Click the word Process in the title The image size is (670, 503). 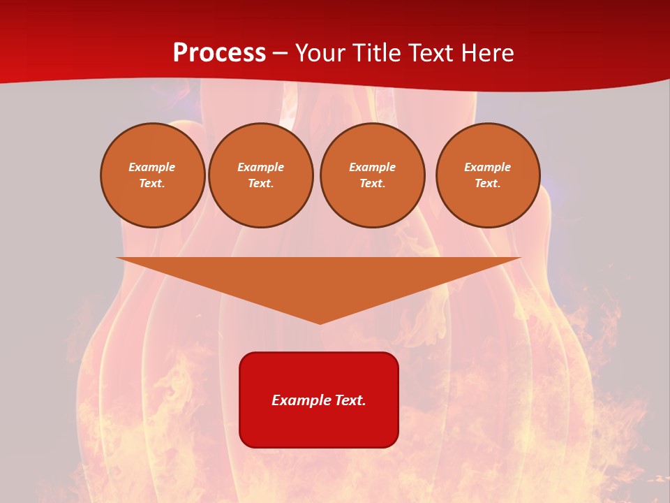[219, 53]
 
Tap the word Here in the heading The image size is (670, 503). [486, 53]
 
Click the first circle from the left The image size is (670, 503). [153, 175]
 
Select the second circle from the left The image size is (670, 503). [261, 175]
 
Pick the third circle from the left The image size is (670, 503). [373, 175]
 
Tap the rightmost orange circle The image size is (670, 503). [488, 175]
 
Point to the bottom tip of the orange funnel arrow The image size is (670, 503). [320, 323]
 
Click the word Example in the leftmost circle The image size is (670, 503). [152, 167]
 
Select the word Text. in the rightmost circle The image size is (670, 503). [488, 184]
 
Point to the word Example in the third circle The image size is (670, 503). [373, 167]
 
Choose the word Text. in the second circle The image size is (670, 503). [261, 184]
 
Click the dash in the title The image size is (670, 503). [280, 53]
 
